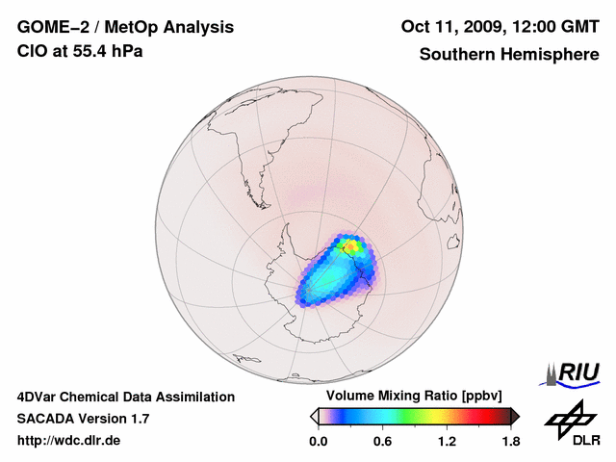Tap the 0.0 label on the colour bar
coord(318,442)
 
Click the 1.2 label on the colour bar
coord(447,442)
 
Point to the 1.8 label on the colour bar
coord(510,442)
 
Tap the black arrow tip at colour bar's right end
coord(515,416)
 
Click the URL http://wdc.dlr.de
coord(69,441)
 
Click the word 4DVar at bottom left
coord(40,397)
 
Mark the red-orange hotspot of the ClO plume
coord(354,246)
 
